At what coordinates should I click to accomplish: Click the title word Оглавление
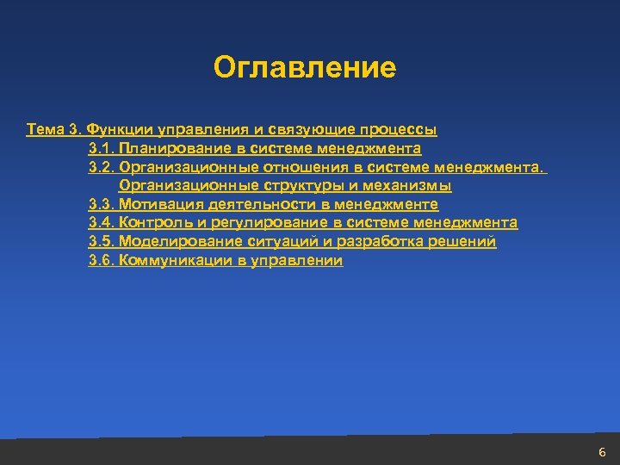click(305, 67)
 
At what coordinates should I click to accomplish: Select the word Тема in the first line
click(43, 130)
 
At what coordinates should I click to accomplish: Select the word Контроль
click(152, 223)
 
